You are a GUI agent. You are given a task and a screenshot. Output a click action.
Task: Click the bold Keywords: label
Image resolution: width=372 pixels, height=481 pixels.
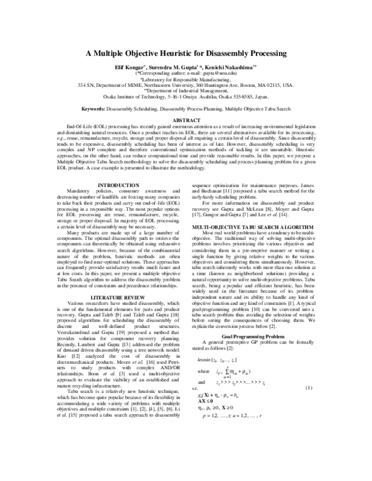[96, 108]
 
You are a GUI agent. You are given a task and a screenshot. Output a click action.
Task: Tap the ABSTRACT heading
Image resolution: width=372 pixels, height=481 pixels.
[185, 119]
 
